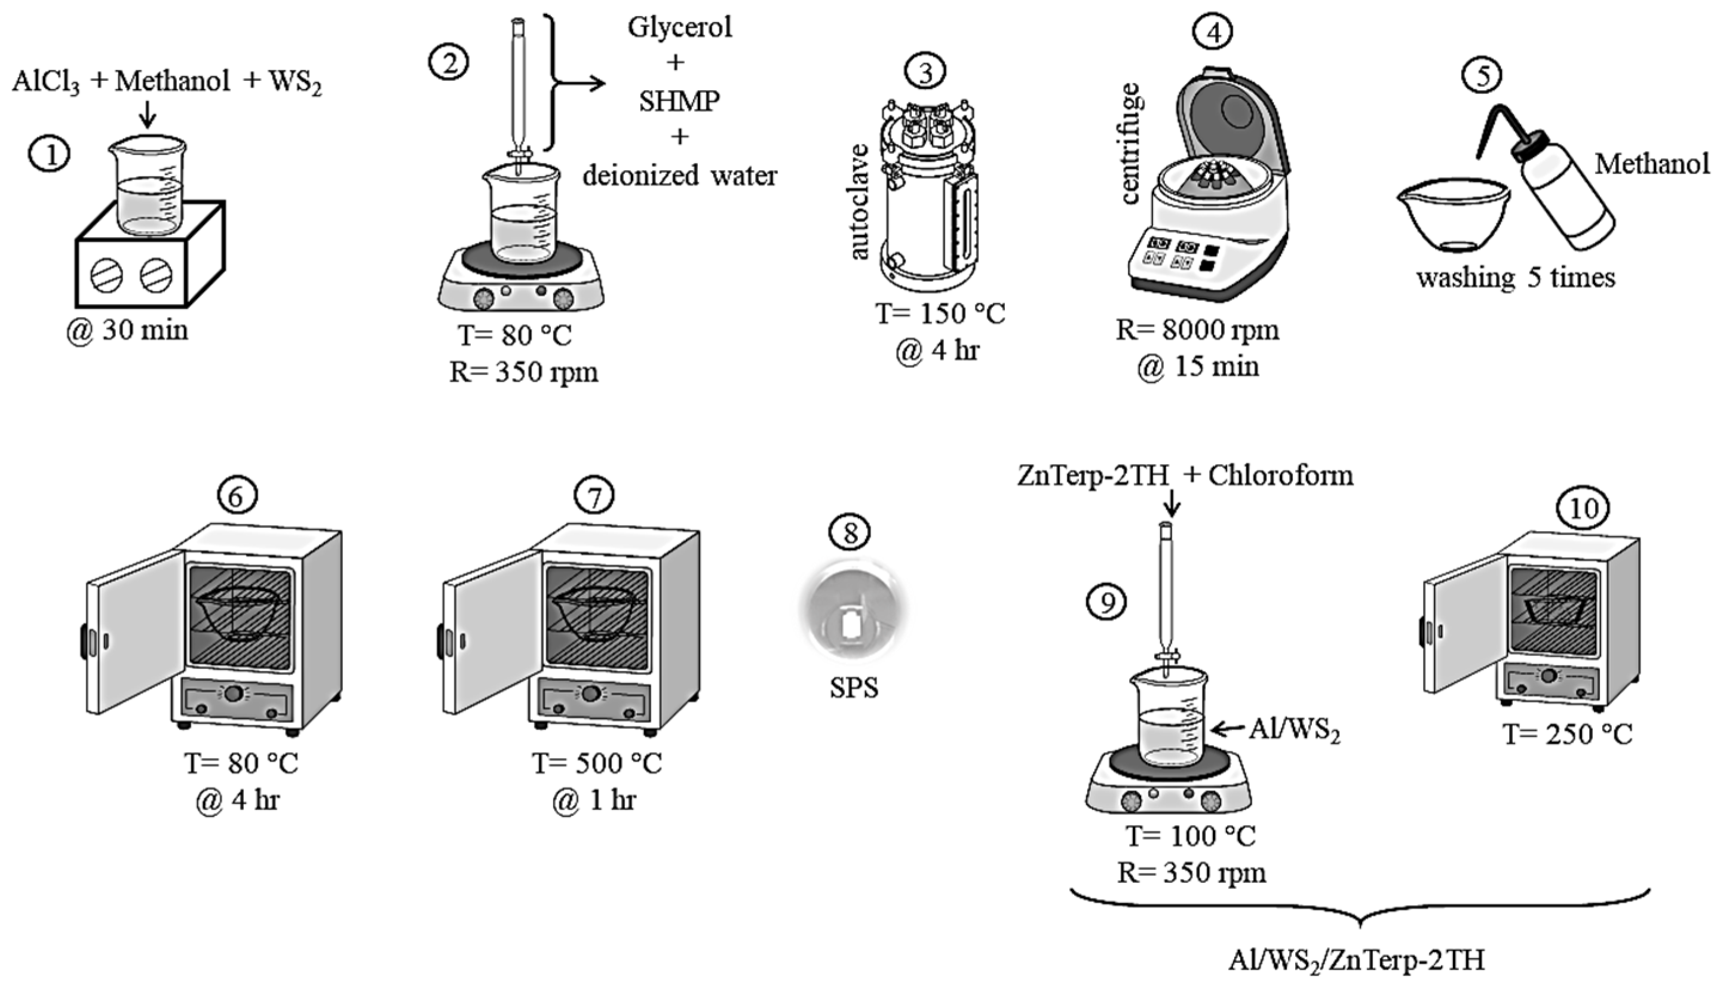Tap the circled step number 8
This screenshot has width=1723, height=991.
point(850,532)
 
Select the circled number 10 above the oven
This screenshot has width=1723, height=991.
point(1583,508)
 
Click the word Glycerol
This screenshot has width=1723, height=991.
point(679,28)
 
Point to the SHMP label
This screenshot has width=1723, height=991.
point(679,102)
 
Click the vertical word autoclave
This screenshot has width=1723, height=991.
point(859,201)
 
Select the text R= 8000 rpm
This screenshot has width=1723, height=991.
point(1197,330)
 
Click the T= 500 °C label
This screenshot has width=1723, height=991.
point(596,763)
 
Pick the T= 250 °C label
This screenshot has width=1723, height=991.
point(1567,734)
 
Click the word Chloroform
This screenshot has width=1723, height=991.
point(1280,475)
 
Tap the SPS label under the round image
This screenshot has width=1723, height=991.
point(854,688)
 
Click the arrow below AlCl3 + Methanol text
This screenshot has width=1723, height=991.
point(147,114)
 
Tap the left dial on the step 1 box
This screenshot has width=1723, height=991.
point(107,275)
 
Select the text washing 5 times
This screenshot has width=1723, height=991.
point(1515,278)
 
